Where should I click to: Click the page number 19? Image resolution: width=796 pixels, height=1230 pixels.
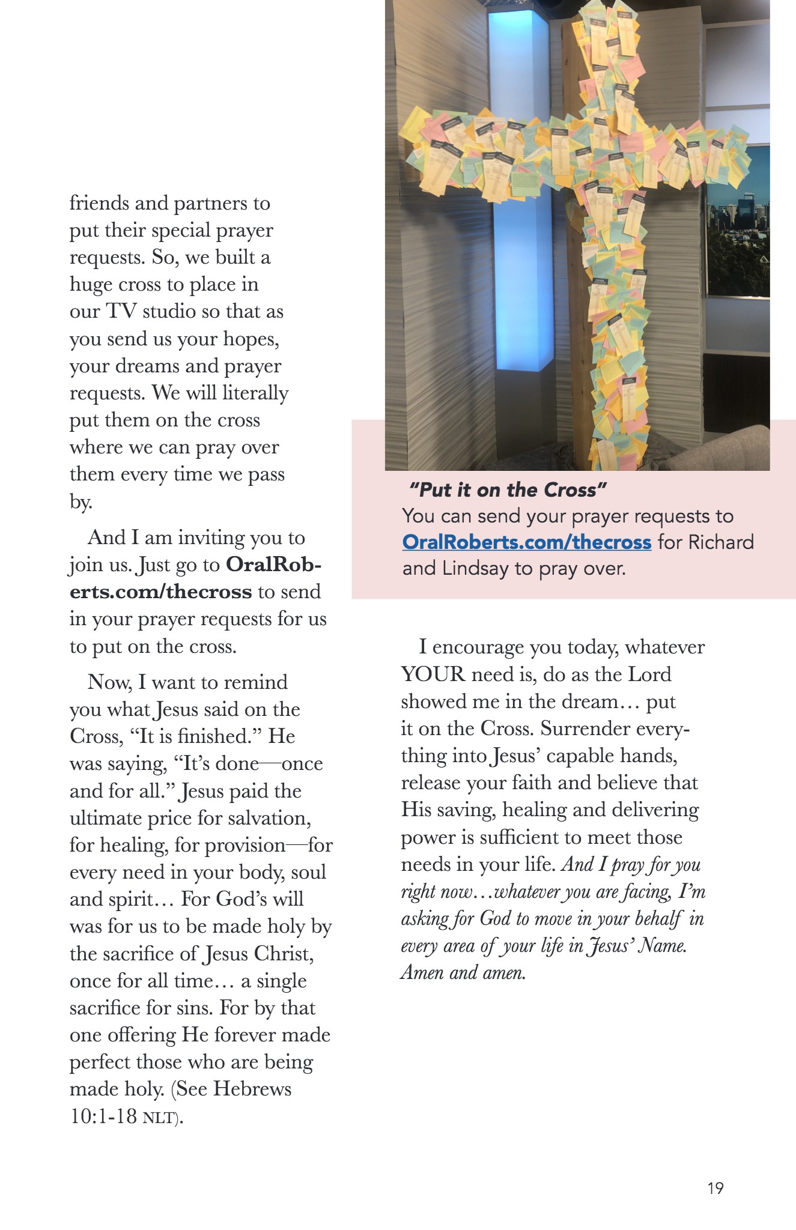[715, 1188]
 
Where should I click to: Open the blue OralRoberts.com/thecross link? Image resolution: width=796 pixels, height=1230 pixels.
[526, 542]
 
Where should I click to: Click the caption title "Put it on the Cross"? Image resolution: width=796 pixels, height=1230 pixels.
[508, 490]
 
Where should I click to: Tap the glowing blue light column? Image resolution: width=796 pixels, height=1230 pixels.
[520, 180]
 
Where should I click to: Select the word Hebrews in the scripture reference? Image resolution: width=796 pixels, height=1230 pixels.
[252, 1089]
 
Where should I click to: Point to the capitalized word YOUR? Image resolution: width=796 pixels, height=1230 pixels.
[433, 674]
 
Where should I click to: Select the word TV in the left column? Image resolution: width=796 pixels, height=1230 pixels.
[121, 311]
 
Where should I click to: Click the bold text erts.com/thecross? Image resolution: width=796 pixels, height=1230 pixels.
[160, 592]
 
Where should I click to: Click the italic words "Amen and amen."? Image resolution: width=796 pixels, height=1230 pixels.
[463, 972]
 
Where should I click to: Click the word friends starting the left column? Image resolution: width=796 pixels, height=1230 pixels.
[99, 203]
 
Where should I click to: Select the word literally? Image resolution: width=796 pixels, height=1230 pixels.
[255, 393]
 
